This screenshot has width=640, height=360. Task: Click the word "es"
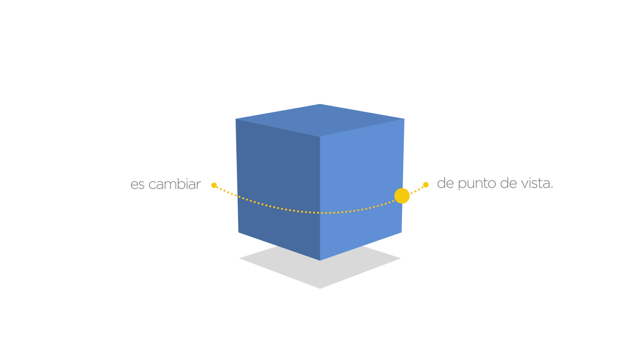tap(137, 185)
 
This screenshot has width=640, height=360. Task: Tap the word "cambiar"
tap(174, 184)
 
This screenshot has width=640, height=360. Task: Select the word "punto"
tap(477, 184)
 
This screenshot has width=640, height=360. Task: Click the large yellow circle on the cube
tap(402, 196)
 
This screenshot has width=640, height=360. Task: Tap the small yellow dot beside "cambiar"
tap(214, 185)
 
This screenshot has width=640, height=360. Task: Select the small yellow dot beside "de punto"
tap(426, 185)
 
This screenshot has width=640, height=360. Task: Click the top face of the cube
tap(320, 120)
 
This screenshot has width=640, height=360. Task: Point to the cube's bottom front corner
tap(320, 260)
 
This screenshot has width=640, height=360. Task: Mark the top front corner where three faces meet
tap(320, 137)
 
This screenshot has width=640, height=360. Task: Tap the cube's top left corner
tap(236, 119)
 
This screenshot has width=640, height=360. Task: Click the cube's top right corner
tap(404, 119)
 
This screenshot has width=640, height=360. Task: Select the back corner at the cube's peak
tap(320, 104)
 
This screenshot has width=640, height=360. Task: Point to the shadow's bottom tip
tap(320, 288)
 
